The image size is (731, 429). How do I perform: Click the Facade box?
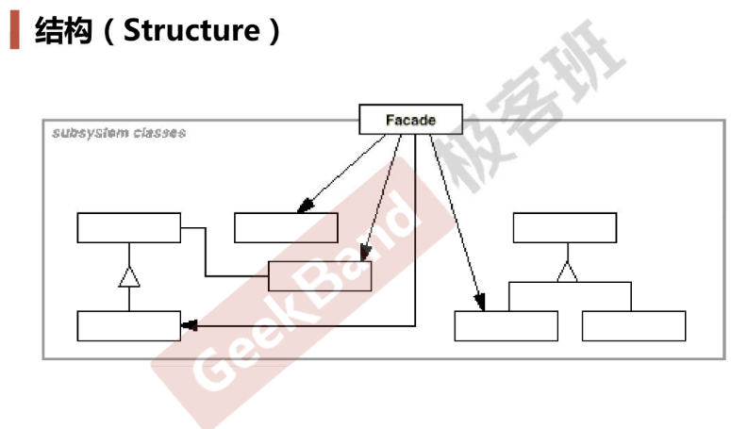click(x=410, y=119)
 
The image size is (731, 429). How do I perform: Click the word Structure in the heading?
click(x=191, y=30)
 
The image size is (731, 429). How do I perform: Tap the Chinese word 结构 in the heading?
click(x=63, y=31)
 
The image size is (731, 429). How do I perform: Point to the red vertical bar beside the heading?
click(x=14, y=30)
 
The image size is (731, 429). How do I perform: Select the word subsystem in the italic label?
click(x=90, y=133)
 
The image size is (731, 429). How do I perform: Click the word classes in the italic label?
click(x=160, y=133)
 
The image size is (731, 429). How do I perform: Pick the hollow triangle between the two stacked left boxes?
click(x=129, y=276)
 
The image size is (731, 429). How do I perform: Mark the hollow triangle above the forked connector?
click(x=568, y=272)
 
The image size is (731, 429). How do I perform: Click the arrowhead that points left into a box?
click(x=189, y=325)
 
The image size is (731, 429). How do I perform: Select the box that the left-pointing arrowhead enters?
click(x=128, y=326)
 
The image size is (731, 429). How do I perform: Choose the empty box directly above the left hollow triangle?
click(x=128, y=228)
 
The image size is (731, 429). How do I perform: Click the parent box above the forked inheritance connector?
click(x=565, y=228)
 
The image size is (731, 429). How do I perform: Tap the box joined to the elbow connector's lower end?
click(x=320, y=276)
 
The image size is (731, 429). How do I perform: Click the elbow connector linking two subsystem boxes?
click(x=206, y=252)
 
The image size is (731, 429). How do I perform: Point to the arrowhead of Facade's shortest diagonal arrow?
click(x=306, y=206)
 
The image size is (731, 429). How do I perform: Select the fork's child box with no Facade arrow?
click(x=634, y=326)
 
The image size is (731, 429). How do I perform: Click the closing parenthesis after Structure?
click(x=274, y=31)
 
